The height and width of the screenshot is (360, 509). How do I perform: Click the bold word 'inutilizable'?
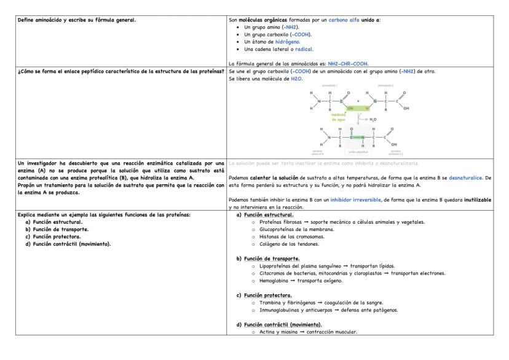coord(477,200)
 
